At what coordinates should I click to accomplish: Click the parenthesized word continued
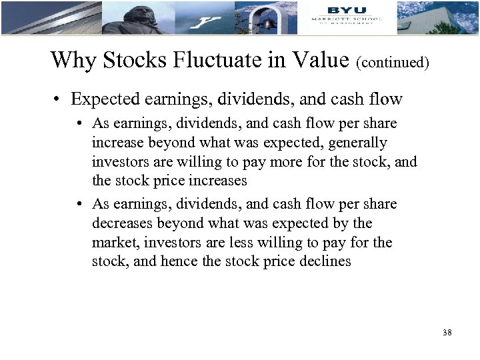pos(393,63)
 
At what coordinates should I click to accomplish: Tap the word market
pos(113,242)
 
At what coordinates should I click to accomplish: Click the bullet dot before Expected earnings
pos(59,100)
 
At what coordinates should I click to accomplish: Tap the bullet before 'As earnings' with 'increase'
pos(79,124)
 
